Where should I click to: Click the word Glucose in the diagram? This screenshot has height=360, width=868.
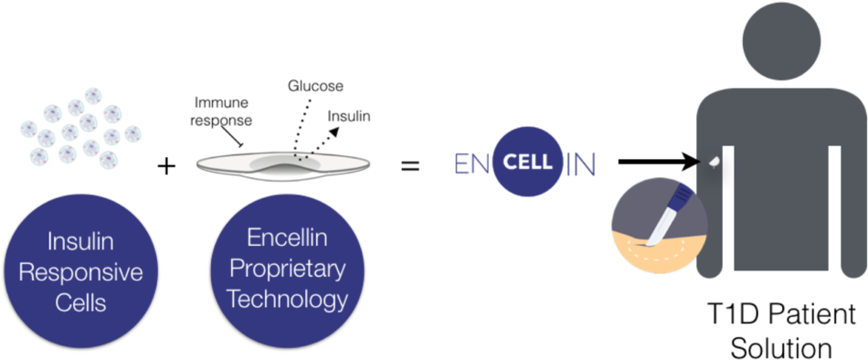pos(315,86)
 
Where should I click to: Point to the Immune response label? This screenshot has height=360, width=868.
pos(223,112)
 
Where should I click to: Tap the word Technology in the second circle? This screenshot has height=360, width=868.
pos(287,299)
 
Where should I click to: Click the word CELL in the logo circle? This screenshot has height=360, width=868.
pos(528,163)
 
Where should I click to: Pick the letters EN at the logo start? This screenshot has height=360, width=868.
pos(472,164)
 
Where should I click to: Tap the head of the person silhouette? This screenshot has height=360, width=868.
pos(782,41)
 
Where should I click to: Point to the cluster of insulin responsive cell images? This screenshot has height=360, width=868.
pos(80,127)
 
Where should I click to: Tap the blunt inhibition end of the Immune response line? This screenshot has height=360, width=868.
pos(239,144)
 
